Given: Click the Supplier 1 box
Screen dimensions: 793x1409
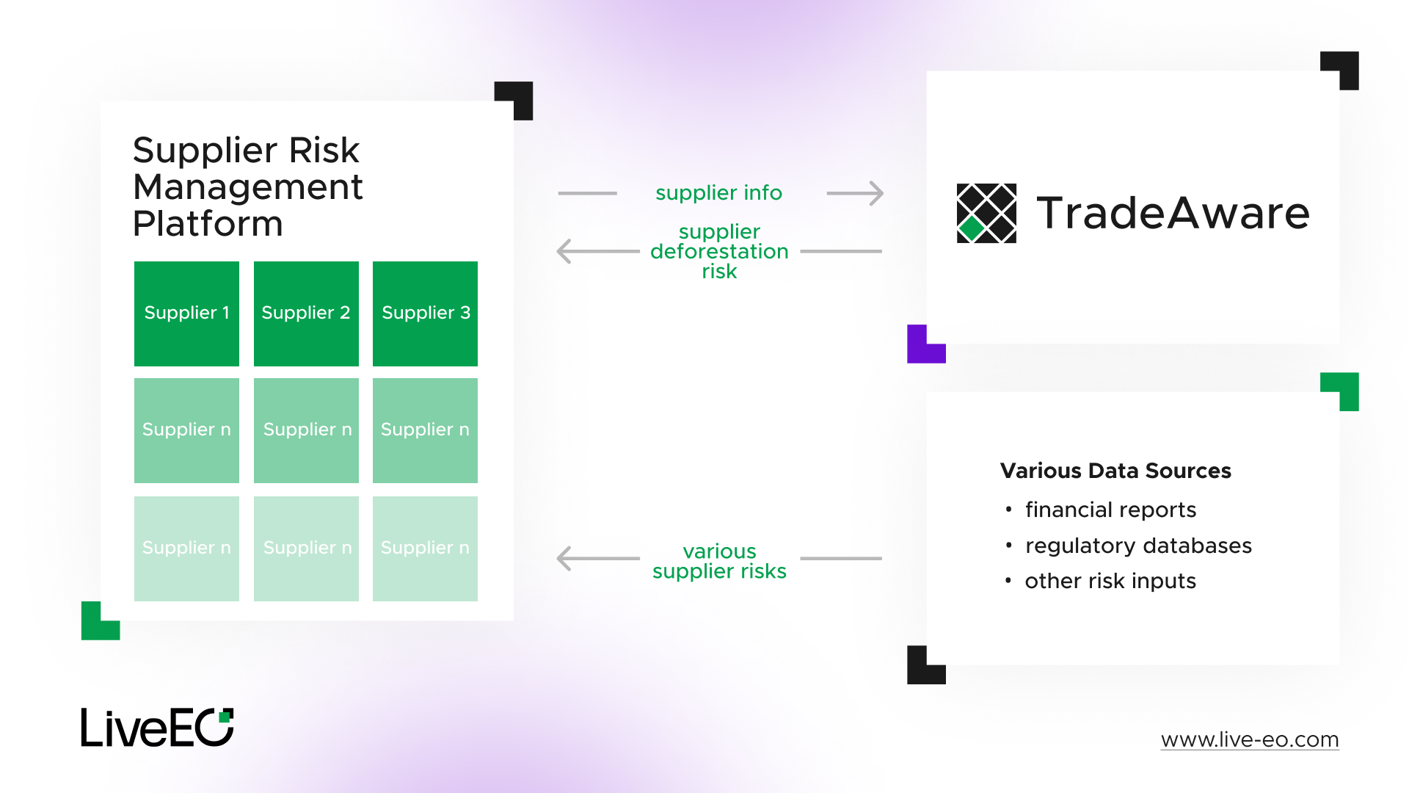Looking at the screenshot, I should click(186, 314).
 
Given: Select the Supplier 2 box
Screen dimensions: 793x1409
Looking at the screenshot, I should click(306, 314).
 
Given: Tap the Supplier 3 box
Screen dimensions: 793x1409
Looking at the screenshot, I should click(425, 314).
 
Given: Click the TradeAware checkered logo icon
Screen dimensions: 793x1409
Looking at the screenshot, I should click(986, 213).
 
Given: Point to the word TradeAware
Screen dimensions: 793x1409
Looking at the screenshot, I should click(1173, 213).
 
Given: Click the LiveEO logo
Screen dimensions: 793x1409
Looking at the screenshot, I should click(157, 728).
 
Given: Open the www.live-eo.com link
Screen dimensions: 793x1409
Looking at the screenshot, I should click(1250, 739).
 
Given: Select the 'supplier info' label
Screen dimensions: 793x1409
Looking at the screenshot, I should click(718, 193).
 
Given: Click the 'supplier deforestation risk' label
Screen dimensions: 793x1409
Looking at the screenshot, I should click(719, 251).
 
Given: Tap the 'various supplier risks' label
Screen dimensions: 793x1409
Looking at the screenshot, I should click(719, 561).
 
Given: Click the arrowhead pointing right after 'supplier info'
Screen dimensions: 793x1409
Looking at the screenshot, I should click(876, 193).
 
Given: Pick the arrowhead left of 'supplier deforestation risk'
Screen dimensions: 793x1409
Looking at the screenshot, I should click(564, 251).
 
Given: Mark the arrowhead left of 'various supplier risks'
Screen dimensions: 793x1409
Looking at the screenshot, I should click(564, 559).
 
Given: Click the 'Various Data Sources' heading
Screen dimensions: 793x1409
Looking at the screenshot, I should click(1115, 471).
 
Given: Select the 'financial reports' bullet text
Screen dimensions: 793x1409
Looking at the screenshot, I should click(1110, 510).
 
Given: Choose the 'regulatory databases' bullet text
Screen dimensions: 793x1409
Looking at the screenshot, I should click(1138, 546).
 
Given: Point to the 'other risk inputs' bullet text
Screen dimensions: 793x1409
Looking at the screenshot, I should click(1110, 581).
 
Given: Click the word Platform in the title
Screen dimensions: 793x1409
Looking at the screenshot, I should click(208, 224).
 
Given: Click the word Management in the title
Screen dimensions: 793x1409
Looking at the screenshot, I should click(248, 187).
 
